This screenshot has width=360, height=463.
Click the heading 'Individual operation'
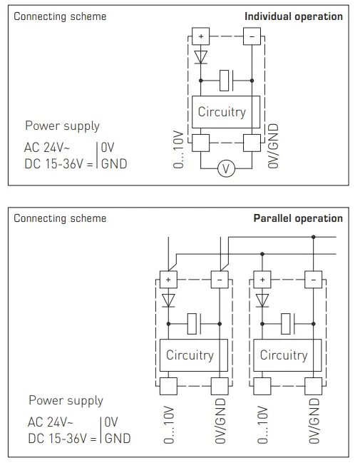coord(293,16)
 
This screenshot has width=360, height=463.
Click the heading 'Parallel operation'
coord(298,218)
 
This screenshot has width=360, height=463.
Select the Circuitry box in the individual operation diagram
coord(221,111)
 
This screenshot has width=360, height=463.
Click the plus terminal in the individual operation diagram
coord(200,36)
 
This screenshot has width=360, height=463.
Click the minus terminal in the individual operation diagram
coord(252,36)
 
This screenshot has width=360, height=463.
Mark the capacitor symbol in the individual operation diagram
coord(226,81)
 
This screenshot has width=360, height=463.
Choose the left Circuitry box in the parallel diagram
coord(190,355)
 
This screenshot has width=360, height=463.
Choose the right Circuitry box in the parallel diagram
coord(283,355)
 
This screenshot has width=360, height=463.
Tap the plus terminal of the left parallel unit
coord(169,280)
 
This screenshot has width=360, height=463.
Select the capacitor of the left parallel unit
coord(195,323)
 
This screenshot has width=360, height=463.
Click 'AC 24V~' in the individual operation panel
coord(48,148)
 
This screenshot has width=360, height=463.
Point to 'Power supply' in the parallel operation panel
coord(66,400)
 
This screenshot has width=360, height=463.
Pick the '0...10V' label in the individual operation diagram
coord(178,150)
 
